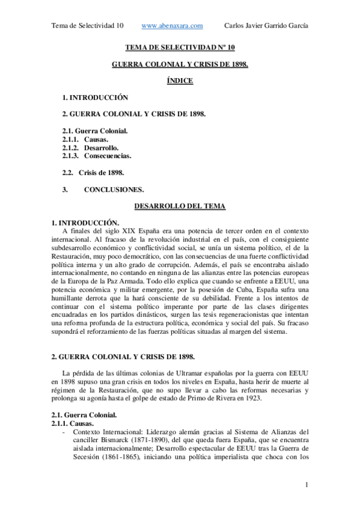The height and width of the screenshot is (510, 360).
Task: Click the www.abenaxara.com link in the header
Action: (x=172, y=25)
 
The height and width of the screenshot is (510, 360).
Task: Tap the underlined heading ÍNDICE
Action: (x=180, y=81)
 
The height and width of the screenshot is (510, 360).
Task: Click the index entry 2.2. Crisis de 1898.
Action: (x=93, y=173)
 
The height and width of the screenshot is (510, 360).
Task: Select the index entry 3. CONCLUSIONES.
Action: (x=103, y=189)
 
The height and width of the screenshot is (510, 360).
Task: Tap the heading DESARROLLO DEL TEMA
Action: (x=180, y=206)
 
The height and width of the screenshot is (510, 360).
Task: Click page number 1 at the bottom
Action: (x=307, y=485)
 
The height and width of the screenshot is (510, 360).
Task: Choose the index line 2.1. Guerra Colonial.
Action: (x=94, y=131)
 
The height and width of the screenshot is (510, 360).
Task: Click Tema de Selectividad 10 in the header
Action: (x=88, y=25)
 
